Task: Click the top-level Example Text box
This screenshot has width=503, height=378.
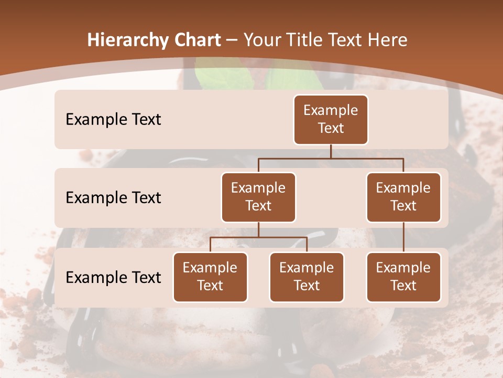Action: click(x=331, y=119)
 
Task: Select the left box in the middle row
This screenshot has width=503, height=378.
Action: click(x=258, y=197)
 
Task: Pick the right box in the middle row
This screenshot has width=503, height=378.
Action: click(x=403, y=197)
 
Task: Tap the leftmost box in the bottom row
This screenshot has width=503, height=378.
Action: click(x=210, y=277)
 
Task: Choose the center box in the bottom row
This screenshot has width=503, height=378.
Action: click(x=307, y=277)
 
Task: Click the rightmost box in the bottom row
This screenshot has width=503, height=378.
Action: click(x=403, y=277)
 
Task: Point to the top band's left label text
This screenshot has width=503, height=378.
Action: click(x=113, y=119)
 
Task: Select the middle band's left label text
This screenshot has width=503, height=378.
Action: click(x=113, y=197)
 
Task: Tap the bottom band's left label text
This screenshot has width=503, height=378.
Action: click(x=113, y=277)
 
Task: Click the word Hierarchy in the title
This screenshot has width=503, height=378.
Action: click(x=127, y=40)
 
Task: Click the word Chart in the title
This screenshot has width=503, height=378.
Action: click(x=196, y=40)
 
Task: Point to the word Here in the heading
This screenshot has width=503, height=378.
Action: click(x=387, y=40)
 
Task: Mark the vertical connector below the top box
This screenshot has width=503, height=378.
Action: click(x=331, y=151)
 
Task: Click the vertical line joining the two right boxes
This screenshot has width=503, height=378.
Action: click(x=403, y=237)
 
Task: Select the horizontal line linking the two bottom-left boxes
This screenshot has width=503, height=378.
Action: click(x=258, y=237)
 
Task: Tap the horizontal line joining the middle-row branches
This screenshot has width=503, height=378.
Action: click(x=331, y=158)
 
